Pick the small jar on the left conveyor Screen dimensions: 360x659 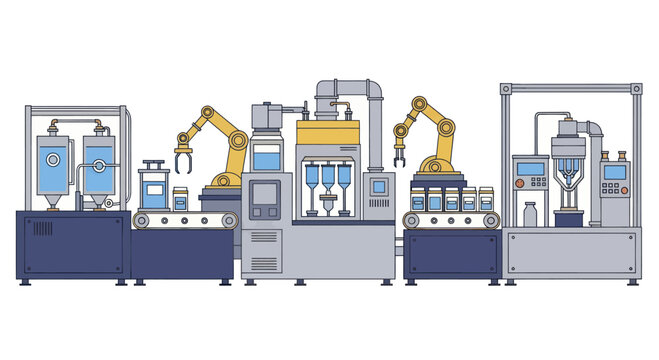coord(181,198)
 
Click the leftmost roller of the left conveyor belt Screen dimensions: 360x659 coord(143,220)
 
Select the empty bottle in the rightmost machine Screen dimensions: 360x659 coord(530,214)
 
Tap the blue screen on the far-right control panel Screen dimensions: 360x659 coord(614,172)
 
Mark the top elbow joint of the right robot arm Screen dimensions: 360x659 coord(417,105)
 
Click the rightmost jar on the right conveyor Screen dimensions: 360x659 coord(486,199)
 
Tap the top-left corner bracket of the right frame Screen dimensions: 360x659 coord(506,89)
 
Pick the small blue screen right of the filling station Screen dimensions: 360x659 coord(378,185)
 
